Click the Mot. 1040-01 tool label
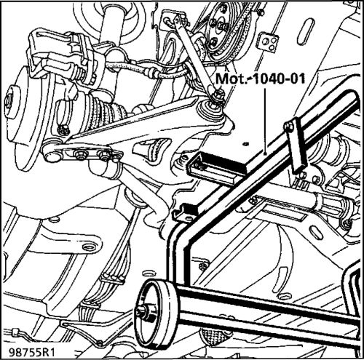click(x=260, y=79)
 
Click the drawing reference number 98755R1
click(x=31, y=352)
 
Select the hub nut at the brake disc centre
click(x=9, y=100)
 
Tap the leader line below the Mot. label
click(x=266, y=121)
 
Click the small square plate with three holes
click(x=269, y=41)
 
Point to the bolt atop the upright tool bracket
click(x=289, y=126)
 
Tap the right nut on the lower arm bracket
click(x=103, y=155)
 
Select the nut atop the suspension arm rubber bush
click(x=218, y=95)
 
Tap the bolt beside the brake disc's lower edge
click(x=63, y=129)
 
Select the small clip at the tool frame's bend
click(x=185, y=212)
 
